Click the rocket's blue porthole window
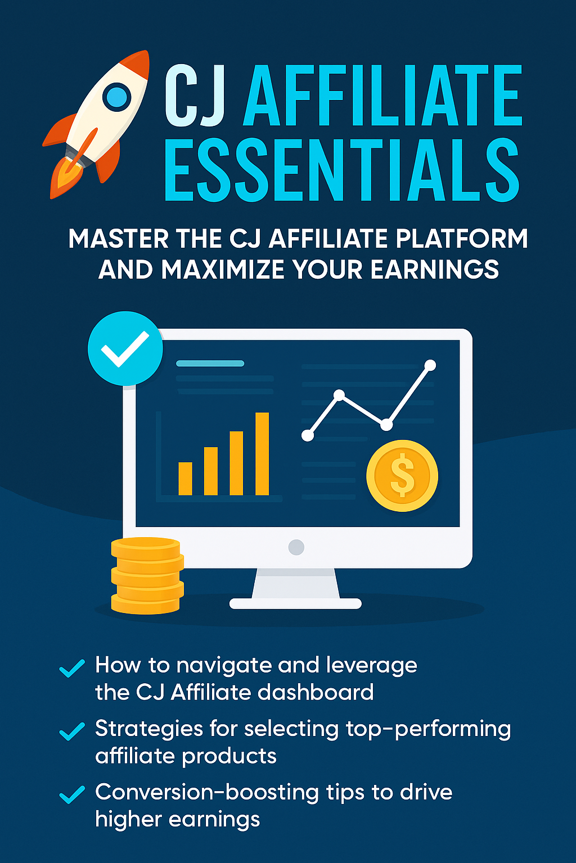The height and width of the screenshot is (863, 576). (117, 97)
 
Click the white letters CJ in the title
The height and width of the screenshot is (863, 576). (195, 96)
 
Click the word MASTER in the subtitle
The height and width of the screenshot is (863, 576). (118, 239)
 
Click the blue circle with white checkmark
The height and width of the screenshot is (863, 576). (125, 348)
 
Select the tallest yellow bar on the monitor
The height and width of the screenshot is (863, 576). (262, 453)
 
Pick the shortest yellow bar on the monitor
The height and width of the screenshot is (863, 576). (185, 478)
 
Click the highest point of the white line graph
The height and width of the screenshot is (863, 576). (430, 365)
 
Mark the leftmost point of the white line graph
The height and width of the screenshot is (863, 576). (308, 435)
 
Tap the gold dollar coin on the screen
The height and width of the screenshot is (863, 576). (402, 475)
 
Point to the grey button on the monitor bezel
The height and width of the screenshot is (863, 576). (296, 547)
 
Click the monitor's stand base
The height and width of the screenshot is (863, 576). (295, 603)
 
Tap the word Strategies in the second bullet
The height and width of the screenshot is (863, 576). (148, 729)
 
